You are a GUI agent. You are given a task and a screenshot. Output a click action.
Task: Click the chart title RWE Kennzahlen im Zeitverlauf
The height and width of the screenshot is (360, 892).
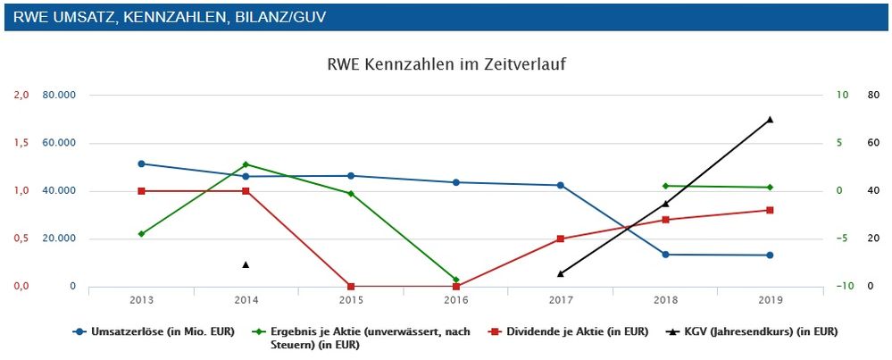(x=446, y=64)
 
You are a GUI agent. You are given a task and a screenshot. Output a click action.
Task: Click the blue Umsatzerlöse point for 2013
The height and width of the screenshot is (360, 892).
(x=141, y=163)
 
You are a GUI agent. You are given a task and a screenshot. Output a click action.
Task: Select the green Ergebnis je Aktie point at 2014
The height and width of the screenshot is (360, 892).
(x=246, y=164)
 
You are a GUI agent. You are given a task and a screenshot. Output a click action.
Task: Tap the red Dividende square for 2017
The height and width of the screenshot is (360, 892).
(x=560, y=239)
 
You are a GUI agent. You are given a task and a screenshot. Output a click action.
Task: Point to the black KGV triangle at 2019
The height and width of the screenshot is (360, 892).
(x=769, y=119)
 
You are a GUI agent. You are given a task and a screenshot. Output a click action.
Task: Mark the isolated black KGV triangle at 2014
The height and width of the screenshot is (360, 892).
(x=246, y=264)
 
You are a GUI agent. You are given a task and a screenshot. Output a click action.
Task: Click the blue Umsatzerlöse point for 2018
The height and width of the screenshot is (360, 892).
(x=664, y=255)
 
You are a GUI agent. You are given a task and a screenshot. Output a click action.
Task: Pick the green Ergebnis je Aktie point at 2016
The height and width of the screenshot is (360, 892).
(x=455, y=280)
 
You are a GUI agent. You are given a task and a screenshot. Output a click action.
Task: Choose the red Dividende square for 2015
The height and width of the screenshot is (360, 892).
(x=351, y=287)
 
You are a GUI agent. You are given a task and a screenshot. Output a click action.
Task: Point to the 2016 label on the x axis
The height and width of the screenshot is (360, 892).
(x=455, y=299)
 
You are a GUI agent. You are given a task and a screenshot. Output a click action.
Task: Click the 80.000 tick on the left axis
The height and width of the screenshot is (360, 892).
(x=59, y=96)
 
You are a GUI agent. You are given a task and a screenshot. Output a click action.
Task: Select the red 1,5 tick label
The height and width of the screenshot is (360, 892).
(x=20, y=143)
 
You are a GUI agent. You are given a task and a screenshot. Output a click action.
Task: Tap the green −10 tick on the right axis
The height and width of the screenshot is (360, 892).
(x=844, y=287)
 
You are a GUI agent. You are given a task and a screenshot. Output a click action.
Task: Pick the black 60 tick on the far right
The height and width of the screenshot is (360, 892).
(x=873, y=143)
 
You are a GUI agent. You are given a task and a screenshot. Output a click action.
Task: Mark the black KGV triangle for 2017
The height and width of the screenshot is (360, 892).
(x=560, y=273)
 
